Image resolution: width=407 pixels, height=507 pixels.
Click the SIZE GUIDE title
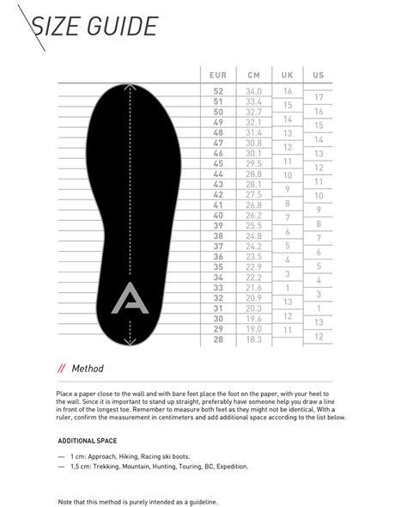pyautogui.click(x=94, y=28)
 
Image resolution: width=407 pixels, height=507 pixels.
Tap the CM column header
pyautogui.click(x=253, y=75)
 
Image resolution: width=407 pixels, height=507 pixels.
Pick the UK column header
pyautogui.click(x=287, y=75)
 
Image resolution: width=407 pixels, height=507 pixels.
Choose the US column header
pyautogui.click(x=318, y=75)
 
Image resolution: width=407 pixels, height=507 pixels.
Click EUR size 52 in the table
pyautogui.click(x=217, y=91)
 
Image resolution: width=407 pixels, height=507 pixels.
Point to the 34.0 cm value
pyautogui.click(x=253, y=91)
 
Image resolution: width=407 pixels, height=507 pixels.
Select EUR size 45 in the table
pyautogui.click(x=217, y=163)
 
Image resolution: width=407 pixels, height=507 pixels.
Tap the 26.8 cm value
pyautogui.click(x=253, y=205)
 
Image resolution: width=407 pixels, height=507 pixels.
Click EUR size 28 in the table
pyautogui.click(x=217, y=340)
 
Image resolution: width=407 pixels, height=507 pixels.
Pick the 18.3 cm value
pyautogui.click(x=253, y=340)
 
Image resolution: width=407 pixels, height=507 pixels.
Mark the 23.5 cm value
pyautogui.click(x=253, y=257)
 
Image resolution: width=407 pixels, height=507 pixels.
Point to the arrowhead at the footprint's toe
pyautogui.click(x=129, y=88)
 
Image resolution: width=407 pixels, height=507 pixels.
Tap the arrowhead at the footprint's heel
pyautogui.click(x=129, y=342)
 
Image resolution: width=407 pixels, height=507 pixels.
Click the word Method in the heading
pyautogui.click(x=88, y=369)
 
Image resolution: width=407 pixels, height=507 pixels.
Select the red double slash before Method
pyautogui.click(x=61, y=369)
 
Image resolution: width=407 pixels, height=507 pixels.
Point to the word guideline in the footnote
pyautogui.click(x=198, y=500)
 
